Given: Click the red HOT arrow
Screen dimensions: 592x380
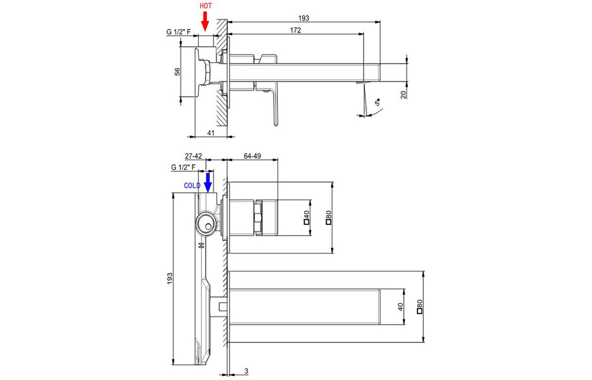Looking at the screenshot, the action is point(205,21).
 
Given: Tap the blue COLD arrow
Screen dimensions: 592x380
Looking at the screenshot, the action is point(208,182).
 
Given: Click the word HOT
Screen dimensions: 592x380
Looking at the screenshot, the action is point(206,6).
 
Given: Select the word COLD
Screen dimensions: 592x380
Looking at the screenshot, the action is point(192,186).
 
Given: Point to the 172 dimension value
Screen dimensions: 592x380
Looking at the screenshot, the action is point(295,30).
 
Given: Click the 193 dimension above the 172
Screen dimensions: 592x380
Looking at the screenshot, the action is point(304,18).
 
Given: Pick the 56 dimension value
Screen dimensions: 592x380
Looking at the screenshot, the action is point(177,71).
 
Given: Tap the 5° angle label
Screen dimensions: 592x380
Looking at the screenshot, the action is point(377,102).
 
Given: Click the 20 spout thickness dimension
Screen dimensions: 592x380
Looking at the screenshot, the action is point(404,94).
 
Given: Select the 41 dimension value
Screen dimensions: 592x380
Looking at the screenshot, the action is point(210,132).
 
